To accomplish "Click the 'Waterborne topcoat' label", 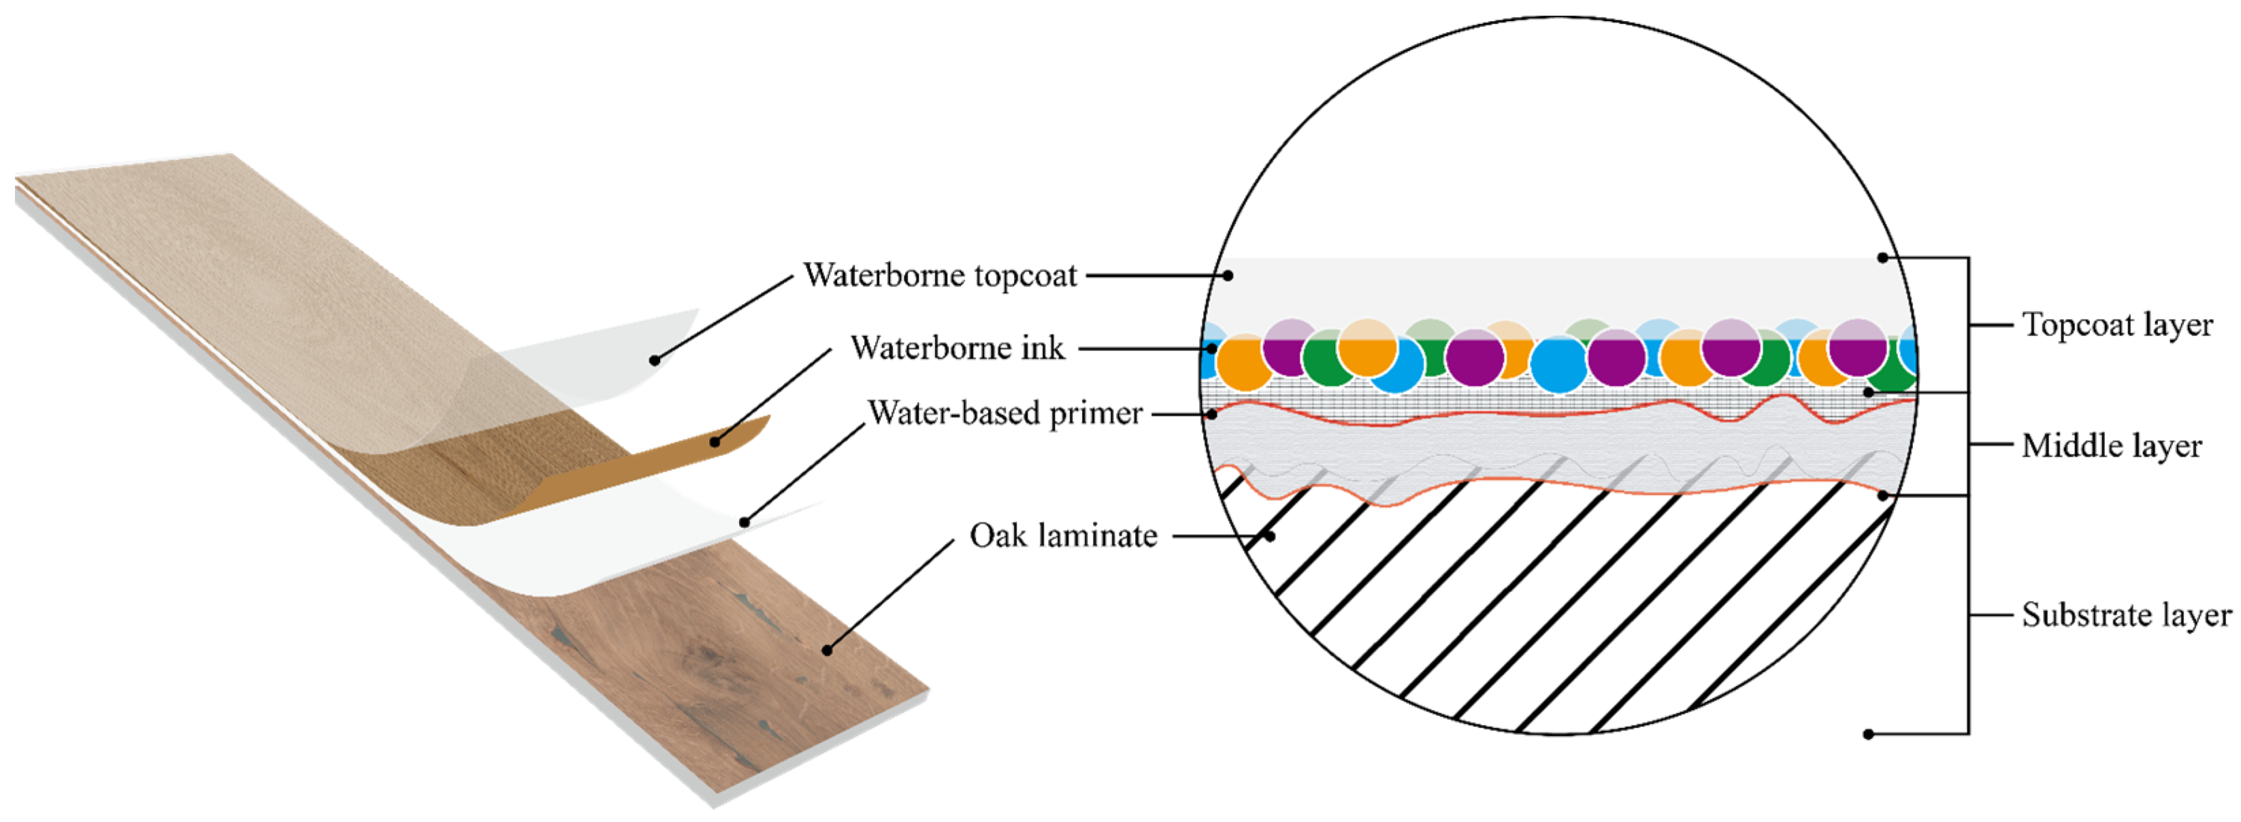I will (940, 276).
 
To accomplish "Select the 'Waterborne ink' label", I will (957, 348).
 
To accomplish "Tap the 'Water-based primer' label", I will (1004, 413).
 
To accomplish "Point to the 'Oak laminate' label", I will (1063, 536).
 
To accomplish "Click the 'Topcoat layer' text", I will (2116, 325).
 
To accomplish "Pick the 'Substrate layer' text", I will (2125, 615).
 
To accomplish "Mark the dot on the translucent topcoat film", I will (654, 360).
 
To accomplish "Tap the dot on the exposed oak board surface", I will (826, 650).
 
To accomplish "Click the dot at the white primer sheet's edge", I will (745, 523).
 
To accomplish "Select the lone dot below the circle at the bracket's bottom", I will (1868, 734).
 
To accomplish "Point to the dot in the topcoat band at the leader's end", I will (1228, 276).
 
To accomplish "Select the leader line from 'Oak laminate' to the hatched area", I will (1218, 536).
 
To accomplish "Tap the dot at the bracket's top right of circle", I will (1882, 257).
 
